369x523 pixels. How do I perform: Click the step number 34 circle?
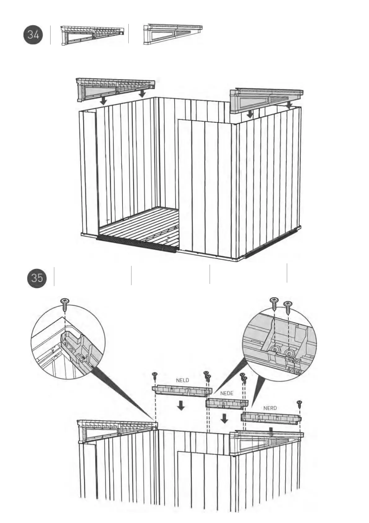pos(33,35)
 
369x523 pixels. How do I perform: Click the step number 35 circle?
pos(37,277)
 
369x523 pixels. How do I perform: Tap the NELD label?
pos(182,380)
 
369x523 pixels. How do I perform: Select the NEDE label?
pos(227,393)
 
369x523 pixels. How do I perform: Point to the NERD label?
pos(270,408)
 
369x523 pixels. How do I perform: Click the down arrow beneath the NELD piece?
pos(180,405)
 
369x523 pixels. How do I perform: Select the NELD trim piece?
pos(181,391)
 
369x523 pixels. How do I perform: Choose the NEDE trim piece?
pos(227,403)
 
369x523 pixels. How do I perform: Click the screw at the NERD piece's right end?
pos(299,404)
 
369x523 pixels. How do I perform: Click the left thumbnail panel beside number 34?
pos(92,35)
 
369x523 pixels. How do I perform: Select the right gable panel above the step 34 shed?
pos(266,100)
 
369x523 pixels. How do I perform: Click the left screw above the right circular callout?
pos(274,303)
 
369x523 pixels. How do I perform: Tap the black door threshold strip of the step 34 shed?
pos(136,244)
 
